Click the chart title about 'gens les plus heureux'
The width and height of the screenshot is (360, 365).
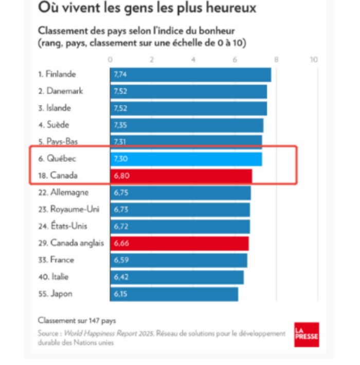pos(147,8)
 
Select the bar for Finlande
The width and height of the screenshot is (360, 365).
pos(190,75)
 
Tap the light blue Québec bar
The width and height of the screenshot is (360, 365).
pos(186,159)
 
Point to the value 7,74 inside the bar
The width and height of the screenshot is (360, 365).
pos(120,75)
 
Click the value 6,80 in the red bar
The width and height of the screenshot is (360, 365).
pos(120,176)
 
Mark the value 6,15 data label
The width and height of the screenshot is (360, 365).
pos(120,294)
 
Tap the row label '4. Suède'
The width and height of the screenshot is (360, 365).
pos(53,125)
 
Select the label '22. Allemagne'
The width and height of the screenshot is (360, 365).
pos(63,193)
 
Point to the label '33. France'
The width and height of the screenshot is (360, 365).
pos(56,260)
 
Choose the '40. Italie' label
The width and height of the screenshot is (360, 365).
pos(53,277)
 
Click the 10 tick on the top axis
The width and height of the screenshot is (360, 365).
pos(314,60)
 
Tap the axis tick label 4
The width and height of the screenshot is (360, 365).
pos(193,60)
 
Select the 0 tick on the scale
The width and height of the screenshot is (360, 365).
pos(110,60)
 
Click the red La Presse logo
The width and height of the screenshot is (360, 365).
pos(307,335)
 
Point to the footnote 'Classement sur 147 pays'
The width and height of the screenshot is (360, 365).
pos(77,321)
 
